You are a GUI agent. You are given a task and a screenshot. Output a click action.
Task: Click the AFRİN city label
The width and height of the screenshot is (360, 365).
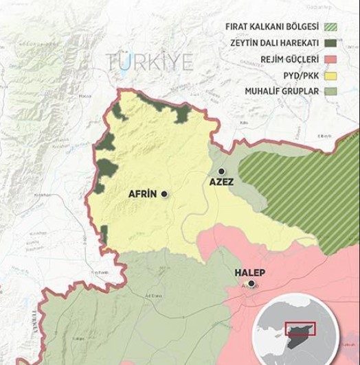143,194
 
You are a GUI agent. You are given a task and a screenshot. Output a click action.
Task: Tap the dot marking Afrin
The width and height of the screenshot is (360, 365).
165,194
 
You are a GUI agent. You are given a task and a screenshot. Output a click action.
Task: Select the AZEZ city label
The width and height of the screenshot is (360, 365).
222,182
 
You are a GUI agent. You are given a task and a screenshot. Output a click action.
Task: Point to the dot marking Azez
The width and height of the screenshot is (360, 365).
221,171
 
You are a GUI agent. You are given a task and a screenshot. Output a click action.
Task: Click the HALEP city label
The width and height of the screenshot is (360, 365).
251,272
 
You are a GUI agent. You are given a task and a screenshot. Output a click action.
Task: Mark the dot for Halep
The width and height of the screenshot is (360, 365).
252,283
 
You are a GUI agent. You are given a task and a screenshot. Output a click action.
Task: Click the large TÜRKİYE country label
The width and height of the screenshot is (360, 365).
148,63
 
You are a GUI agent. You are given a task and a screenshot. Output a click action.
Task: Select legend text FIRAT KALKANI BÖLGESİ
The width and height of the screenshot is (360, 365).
272,27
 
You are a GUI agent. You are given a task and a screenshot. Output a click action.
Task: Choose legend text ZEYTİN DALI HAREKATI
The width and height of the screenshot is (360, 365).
273,43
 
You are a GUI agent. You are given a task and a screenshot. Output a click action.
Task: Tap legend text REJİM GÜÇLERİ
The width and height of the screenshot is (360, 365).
288,59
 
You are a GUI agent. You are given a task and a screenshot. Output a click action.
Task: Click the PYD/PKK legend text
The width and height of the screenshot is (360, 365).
300,75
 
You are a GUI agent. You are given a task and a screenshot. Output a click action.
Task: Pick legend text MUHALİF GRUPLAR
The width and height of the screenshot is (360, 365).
282,91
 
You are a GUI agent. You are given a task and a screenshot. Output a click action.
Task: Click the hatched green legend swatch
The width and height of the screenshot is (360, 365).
333,27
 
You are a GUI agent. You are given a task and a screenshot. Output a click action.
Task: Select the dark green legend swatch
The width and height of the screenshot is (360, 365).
333,43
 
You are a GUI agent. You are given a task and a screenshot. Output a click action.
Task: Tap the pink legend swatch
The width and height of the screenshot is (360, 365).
333,59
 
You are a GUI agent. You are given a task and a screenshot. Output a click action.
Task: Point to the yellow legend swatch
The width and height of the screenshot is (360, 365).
333,75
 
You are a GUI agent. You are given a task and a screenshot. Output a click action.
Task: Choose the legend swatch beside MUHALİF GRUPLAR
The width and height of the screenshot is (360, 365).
333,91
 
